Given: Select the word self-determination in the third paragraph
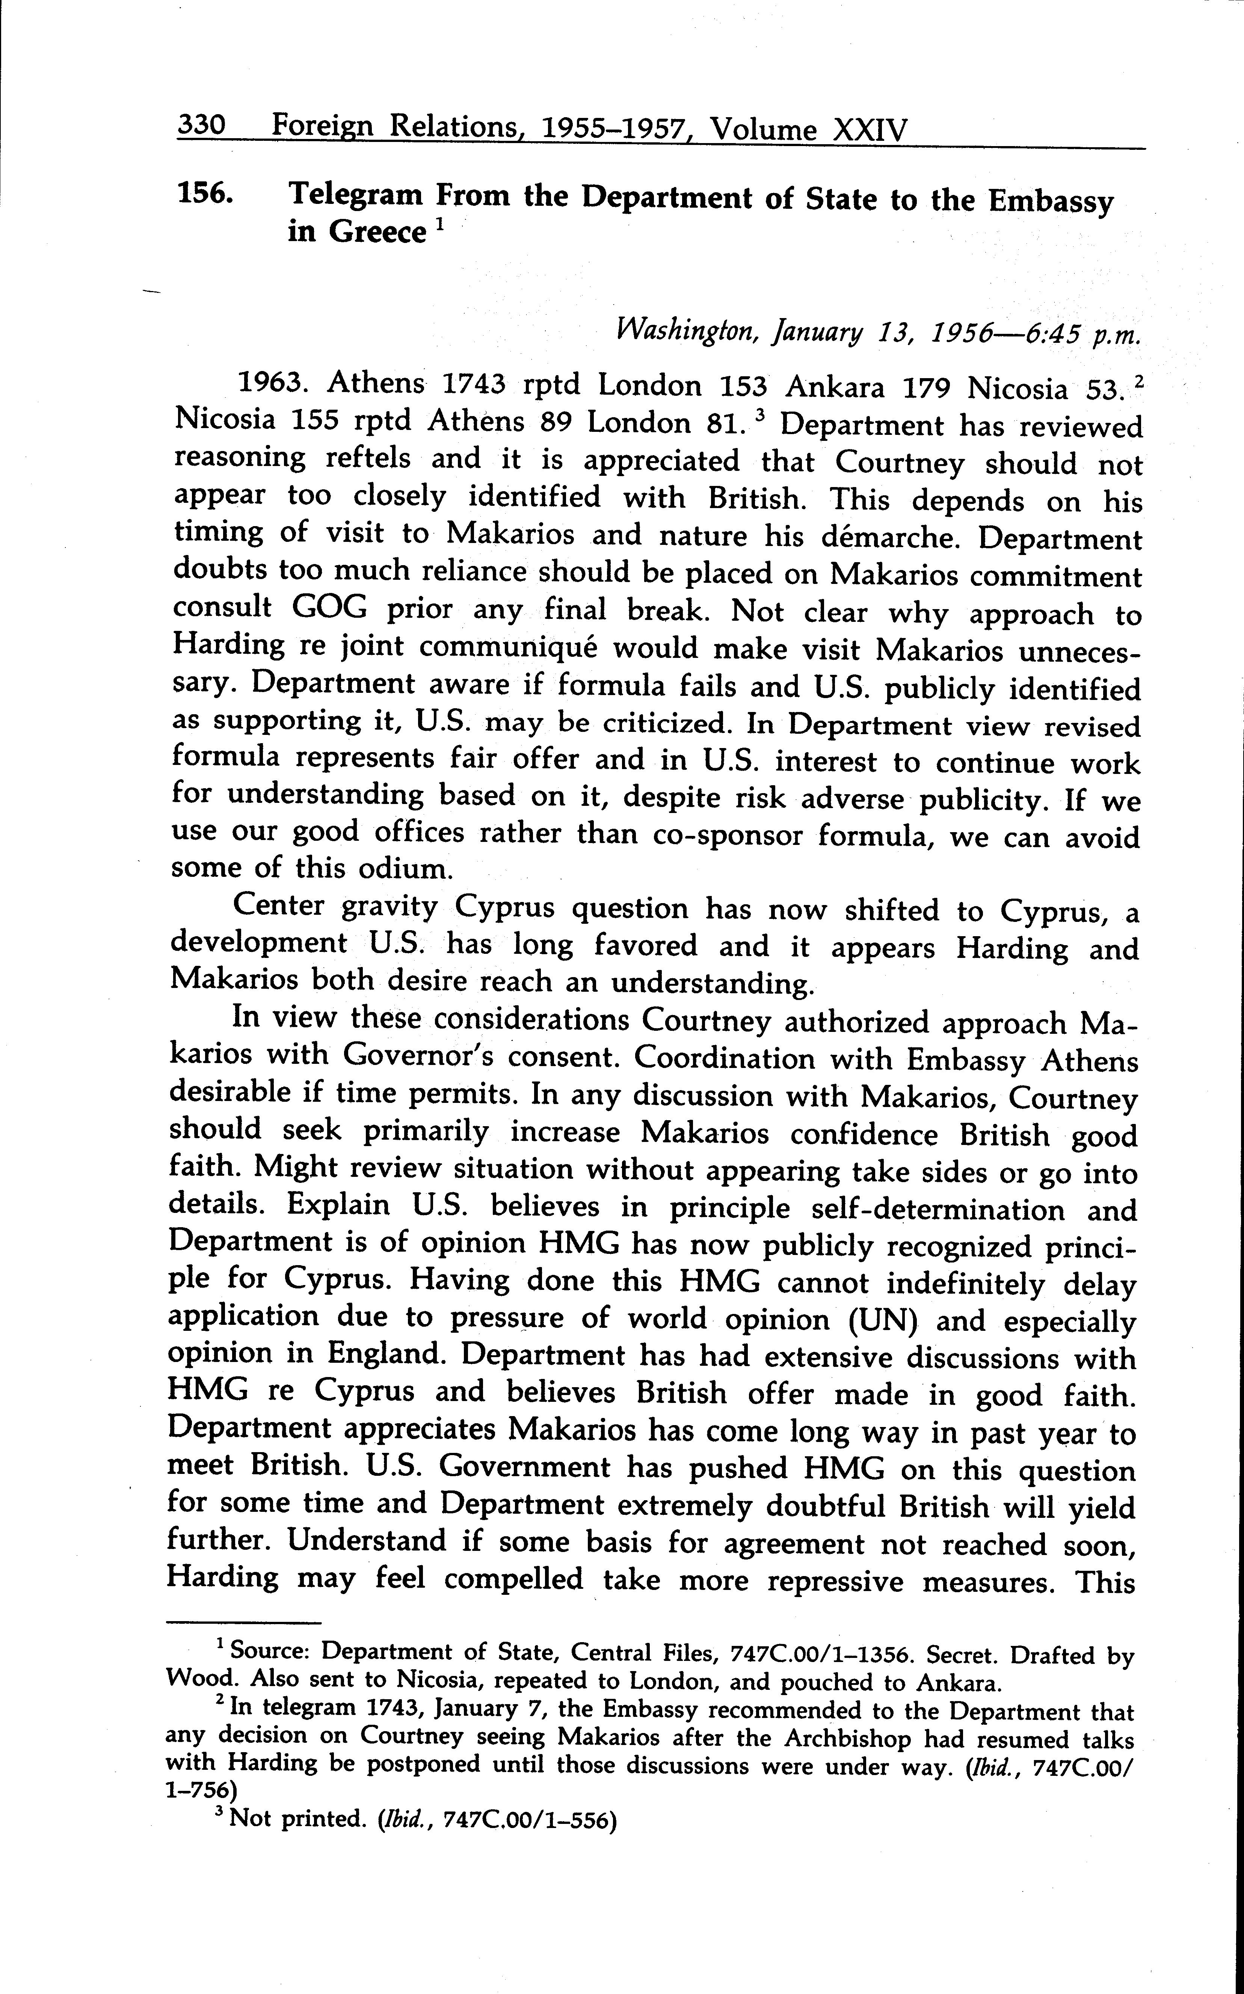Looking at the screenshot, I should click(944, 1210).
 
